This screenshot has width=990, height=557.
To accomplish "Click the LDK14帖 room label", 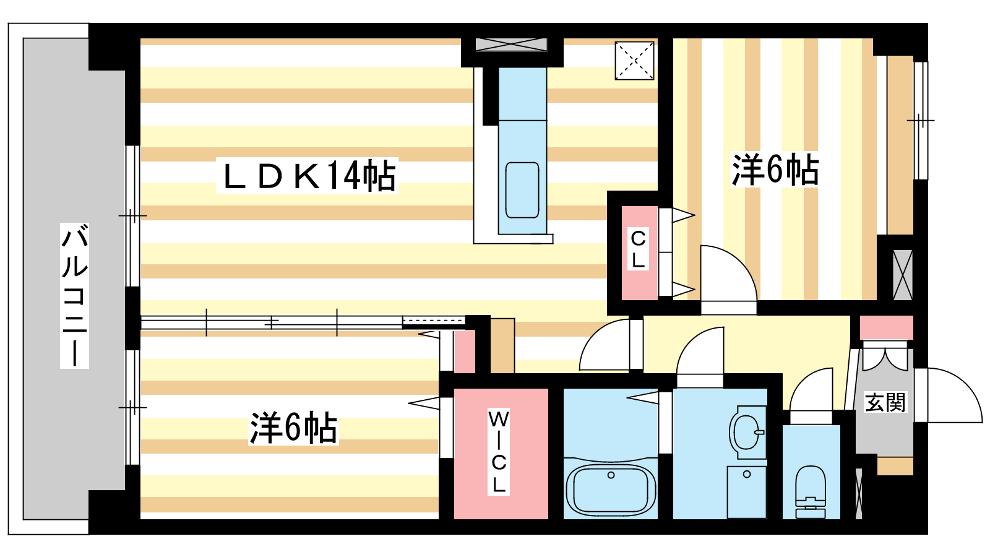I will coord(308,176).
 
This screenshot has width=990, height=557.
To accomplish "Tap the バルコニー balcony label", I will coord(74,296).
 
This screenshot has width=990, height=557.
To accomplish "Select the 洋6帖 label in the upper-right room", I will coord(775,170).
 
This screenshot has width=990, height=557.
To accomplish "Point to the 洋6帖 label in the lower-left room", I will coord(293,427).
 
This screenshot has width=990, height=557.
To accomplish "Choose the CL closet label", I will coord(638,249).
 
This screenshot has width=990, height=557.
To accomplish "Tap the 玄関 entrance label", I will coord(885,403).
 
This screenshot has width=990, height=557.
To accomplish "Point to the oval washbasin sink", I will coord(747,431).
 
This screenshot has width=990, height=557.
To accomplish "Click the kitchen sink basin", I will coord(522,190).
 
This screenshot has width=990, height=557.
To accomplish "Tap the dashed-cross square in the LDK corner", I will coord(634,61).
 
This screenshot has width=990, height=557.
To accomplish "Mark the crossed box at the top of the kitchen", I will coord(512,44).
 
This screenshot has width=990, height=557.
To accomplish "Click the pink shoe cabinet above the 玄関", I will coord(886,327).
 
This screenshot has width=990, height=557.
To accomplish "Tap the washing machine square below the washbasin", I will coord(747,492).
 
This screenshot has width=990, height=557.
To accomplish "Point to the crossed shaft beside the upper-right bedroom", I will coord(903,275).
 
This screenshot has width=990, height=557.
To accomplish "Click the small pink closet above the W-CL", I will coord(465,352).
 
